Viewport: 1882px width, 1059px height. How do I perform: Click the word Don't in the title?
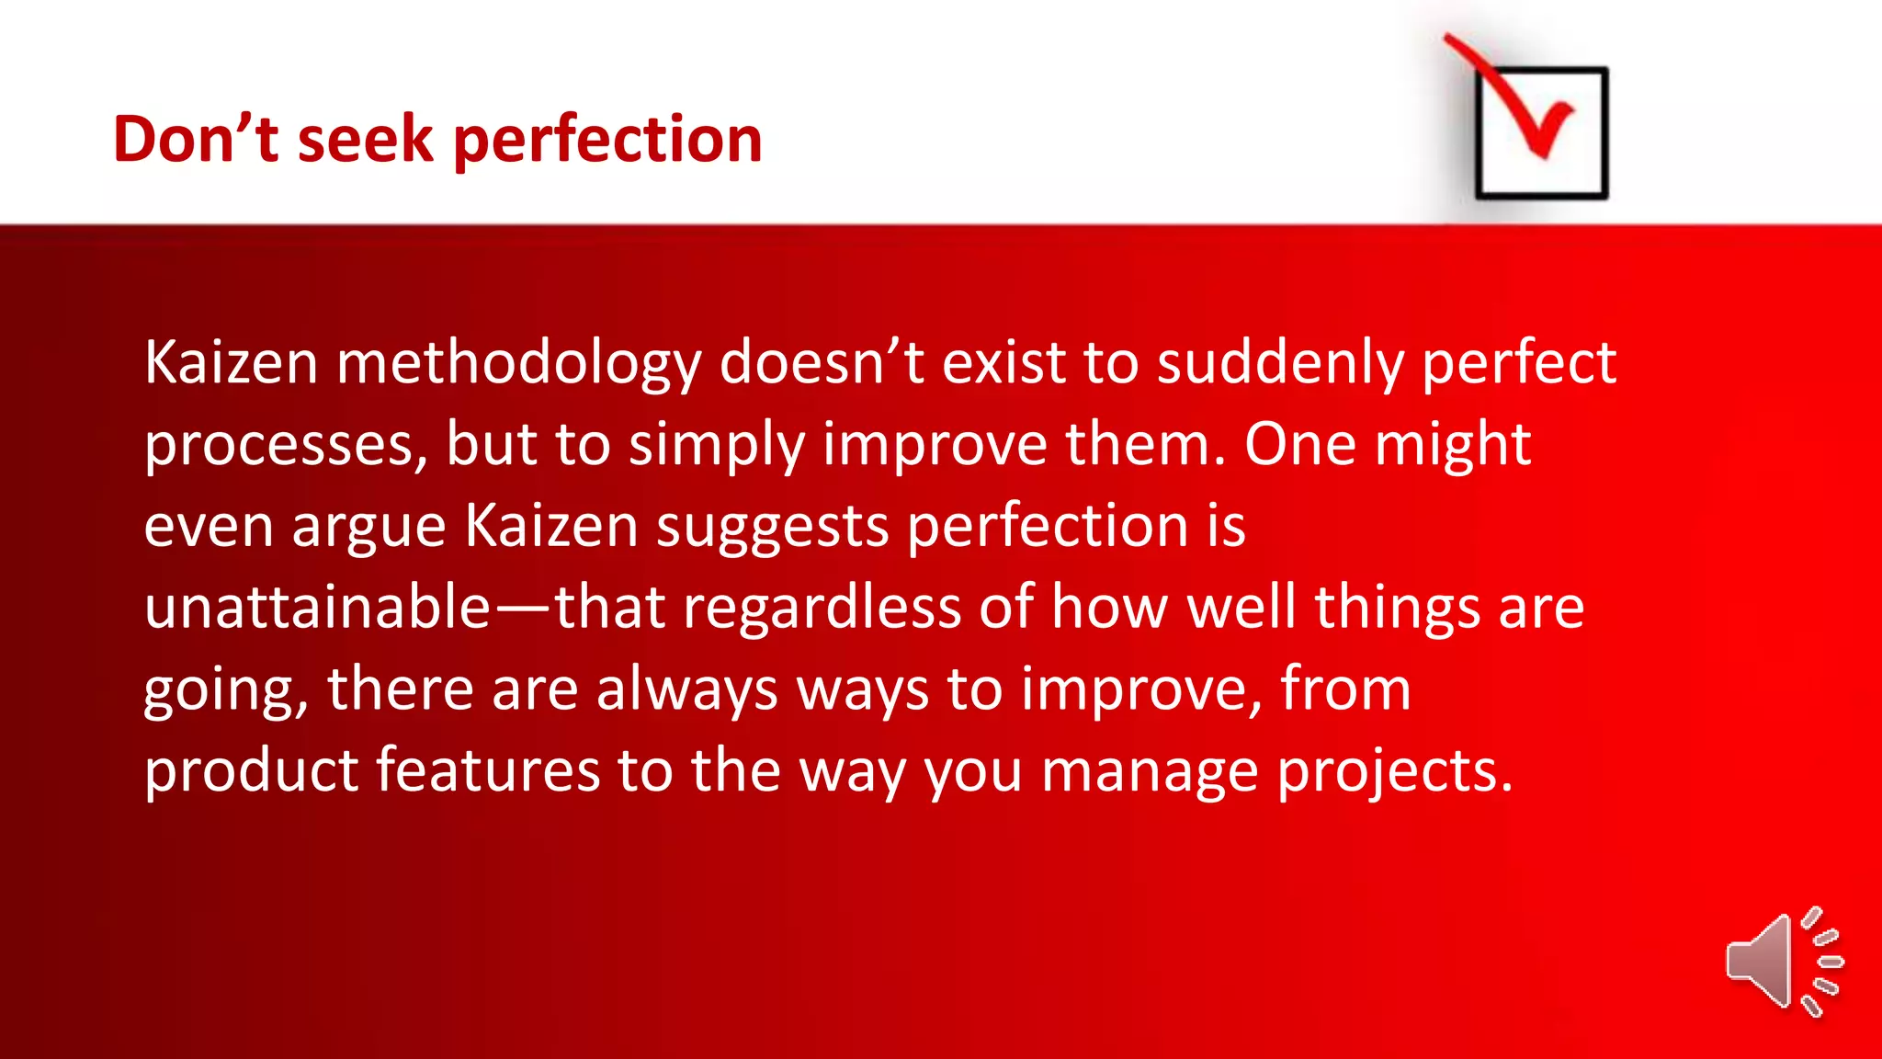(x=195, y=140)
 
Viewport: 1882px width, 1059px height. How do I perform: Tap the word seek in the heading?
(x=365, y=140)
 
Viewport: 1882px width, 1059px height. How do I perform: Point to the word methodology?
(x=518, y=364)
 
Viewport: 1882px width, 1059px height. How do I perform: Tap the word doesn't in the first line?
(x=821, y=362)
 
